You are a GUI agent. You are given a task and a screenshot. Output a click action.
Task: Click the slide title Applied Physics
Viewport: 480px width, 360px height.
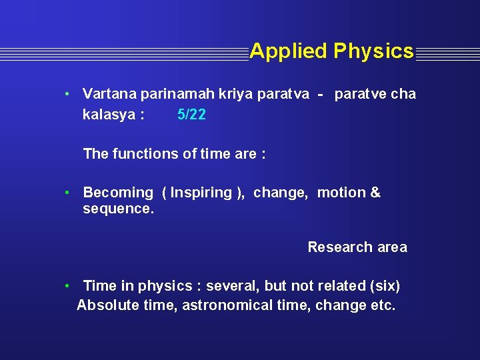[x=331, y=51]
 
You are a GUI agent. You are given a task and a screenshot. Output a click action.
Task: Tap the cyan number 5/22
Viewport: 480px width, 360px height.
[x=191, y=115]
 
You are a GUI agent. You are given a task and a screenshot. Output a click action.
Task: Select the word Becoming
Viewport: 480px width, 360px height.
[x=118, y=193]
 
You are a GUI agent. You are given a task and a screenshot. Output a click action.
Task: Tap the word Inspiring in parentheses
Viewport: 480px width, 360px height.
[x=201, y=193]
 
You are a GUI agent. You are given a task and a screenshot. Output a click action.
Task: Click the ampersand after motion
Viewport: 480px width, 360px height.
[x=375, y=193]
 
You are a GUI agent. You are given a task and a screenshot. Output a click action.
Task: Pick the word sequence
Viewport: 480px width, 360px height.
[x=118, y=209]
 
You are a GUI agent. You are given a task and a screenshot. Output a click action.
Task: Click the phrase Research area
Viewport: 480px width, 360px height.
[x=357, y=247]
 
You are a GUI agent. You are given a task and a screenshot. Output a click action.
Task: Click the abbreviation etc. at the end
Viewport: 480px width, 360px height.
[x=383, y=305]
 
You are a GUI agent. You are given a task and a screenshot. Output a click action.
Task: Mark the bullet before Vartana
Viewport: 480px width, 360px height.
[x=68, y=94]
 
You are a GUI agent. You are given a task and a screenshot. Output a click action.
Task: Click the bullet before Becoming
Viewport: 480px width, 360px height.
[x=68, y=193]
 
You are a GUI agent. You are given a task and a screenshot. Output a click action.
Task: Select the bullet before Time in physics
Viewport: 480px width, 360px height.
[x=68, y=286]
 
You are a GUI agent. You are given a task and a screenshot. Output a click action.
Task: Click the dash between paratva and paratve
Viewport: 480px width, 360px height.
[x=321, y=95]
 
